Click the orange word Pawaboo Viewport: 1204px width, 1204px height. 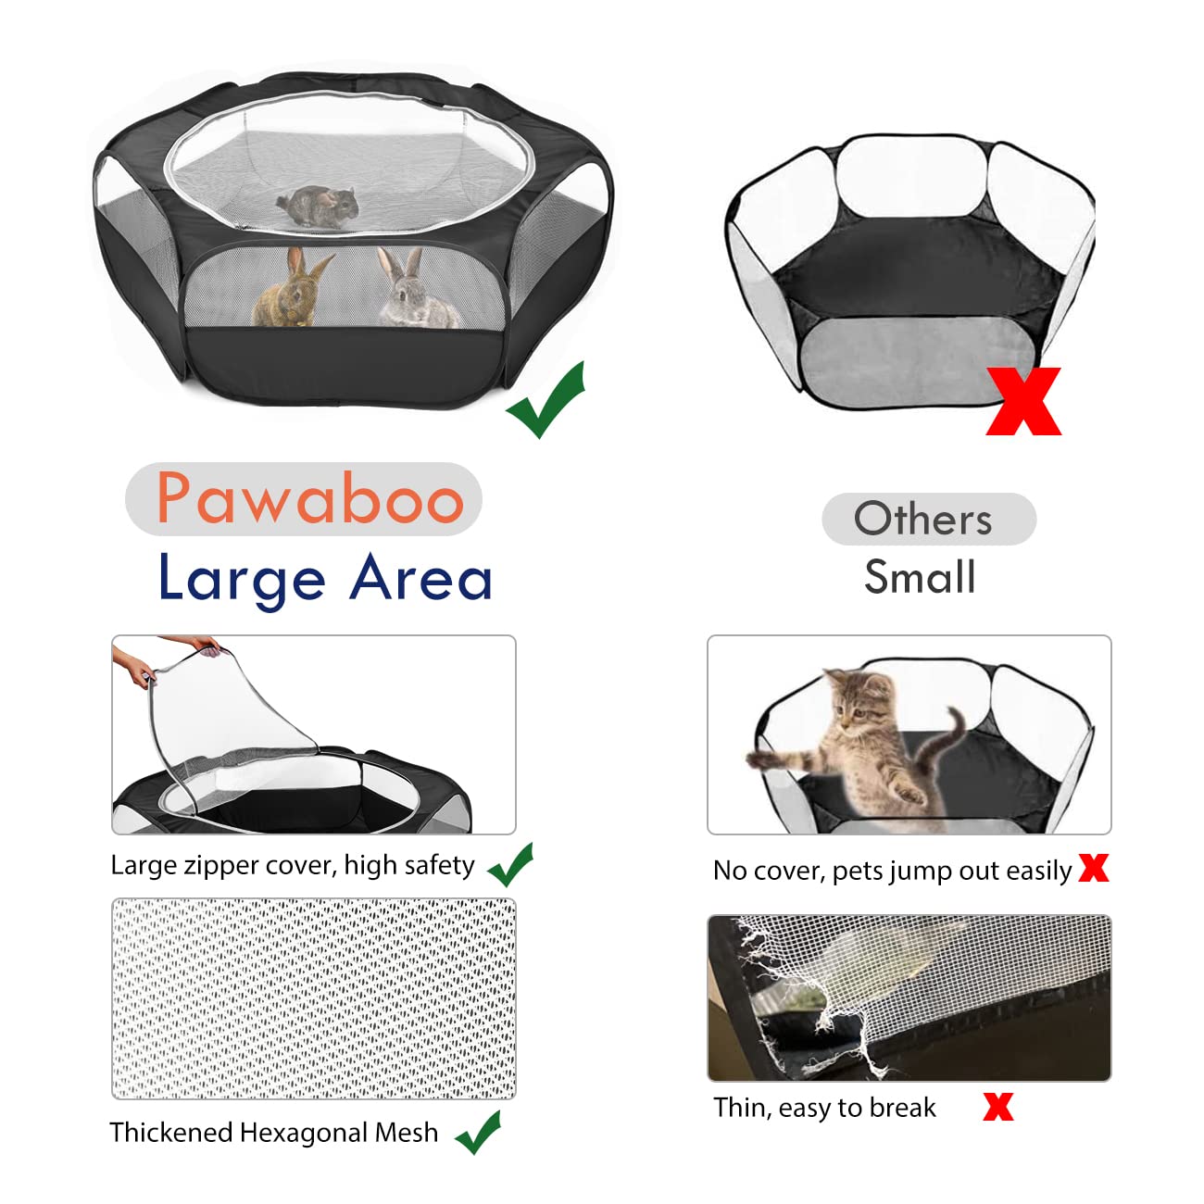(x=309, y=498)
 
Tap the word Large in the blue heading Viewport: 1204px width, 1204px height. (x=241, y=579)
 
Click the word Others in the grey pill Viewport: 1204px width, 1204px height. (x=923, y=519)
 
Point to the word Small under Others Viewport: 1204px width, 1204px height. (x=920, y=577)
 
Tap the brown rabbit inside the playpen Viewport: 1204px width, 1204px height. (x=290, y=290)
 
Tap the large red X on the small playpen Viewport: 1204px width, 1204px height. (x=1023, y=401)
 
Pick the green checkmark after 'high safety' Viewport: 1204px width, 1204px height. (x=510, y=865)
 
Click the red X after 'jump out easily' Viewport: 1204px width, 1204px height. (x=1094, y=868)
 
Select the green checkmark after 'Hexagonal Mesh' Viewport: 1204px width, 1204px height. (x=479, y=1132)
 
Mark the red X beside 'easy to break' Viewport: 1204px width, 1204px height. (x=997, y=1107)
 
